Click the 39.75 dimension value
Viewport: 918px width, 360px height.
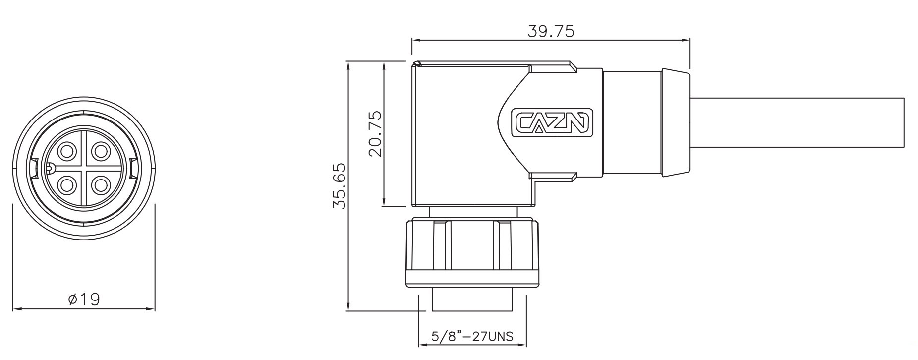551,31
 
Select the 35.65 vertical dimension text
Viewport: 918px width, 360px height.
340,185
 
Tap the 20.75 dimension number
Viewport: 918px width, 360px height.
376,133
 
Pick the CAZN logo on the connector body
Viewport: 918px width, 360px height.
552,122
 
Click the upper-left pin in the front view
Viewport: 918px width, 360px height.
67,151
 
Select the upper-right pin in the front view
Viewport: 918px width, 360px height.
101,151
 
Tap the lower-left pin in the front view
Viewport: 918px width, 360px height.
67,185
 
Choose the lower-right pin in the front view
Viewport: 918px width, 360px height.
101,185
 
